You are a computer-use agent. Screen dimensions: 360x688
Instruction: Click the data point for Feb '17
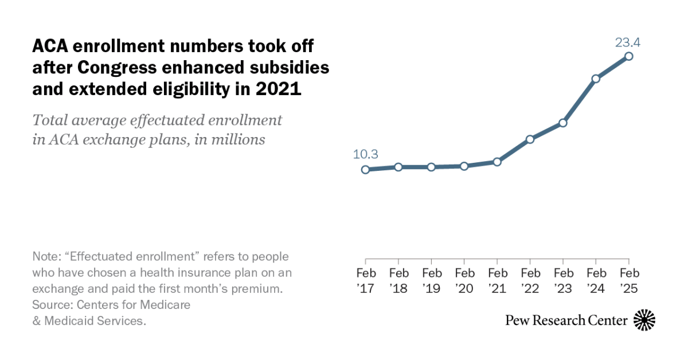click(x=365, y=170)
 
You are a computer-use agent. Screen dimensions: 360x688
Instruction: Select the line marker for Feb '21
click(x=497, y=162)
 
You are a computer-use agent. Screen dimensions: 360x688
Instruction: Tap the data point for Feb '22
click(x=530, y=139)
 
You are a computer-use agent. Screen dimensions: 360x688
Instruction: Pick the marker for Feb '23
click(x=563, y=123)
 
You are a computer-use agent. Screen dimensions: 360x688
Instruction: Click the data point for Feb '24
click(x=596, y=79)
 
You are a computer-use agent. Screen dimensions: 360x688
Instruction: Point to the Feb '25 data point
click(x=629, y=56)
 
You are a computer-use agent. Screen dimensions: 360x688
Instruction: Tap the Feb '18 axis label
click(x=398, y=280)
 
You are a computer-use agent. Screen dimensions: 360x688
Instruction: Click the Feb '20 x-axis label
click(x=464, y=280)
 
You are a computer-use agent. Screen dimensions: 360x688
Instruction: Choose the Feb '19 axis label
click(x=432, y=280)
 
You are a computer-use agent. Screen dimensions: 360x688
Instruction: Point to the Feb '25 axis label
click(x=629, y=280)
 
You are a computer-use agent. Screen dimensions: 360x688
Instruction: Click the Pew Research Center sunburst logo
click(x=644, y=320)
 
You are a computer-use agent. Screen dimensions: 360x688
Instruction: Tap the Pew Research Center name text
click(x=566, y=320)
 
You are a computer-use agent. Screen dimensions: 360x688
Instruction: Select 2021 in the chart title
click(x=280, y=89)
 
